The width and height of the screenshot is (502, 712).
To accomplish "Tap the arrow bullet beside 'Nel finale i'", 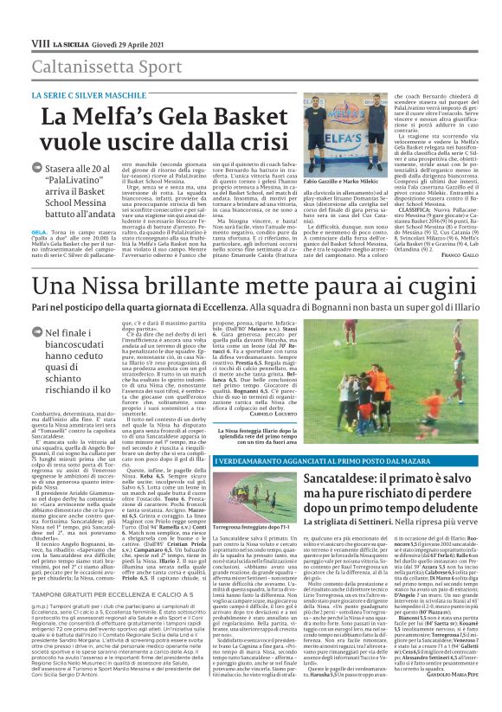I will click(36, 335).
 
